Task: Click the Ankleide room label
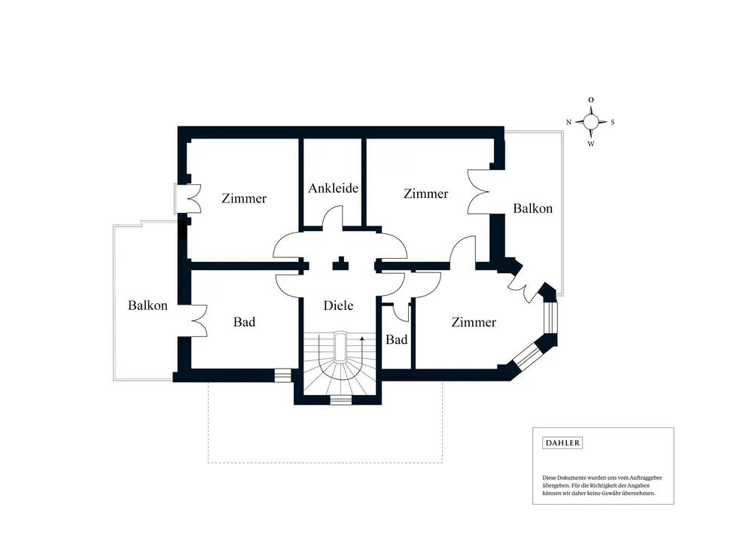(333, 188)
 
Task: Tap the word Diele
(338, 305)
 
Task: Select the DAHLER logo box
(562, 443)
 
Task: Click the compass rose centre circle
(591, 121)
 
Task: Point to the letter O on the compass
(591, 99)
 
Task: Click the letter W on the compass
(591, 144)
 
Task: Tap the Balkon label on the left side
(148, 305)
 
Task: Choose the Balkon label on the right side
(533, 208)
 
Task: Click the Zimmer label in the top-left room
(244, 199)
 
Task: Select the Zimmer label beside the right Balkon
(425, 194)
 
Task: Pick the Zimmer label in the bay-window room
(474, 322)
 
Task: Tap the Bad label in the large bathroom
(244, 322)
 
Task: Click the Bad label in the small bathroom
(397, 340)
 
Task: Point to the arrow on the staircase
(362, 342)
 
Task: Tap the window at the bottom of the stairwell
(341, 400)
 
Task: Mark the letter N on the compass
(569, 122)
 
